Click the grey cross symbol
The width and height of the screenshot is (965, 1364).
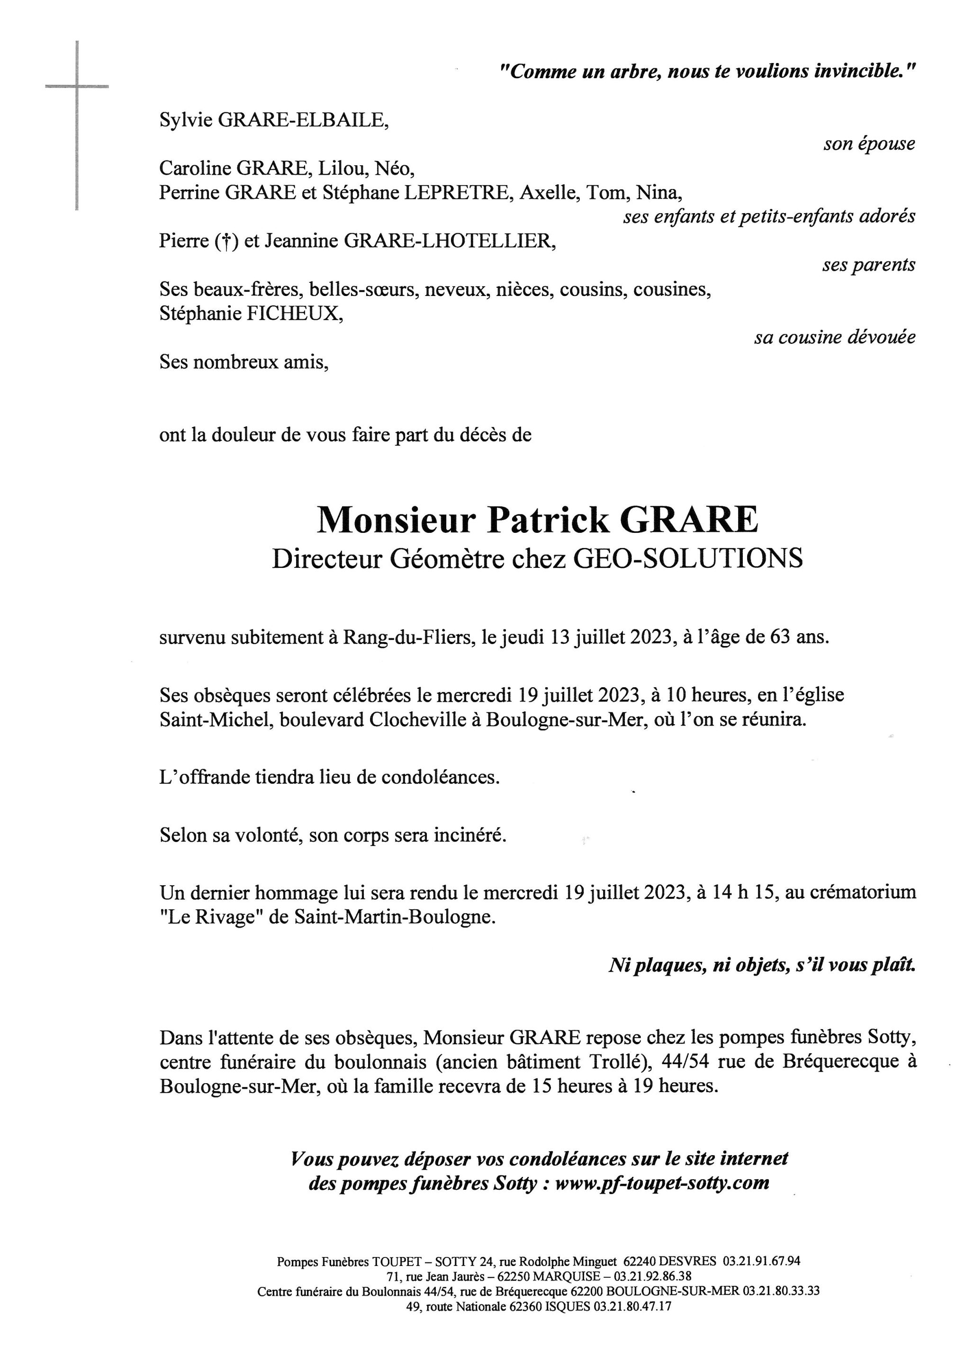point(77,87)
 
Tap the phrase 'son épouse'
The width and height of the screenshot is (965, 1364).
point(869,144)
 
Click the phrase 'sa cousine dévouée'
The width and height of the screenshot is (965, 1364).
point(834,338)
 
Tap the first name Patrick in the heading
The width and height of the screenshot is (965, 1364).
point(548,521)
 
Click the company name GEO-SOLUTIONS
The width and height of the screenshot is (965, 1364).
point(687,559)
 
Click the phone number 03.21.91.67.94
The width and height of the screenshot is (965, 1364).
point(761,1261)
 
